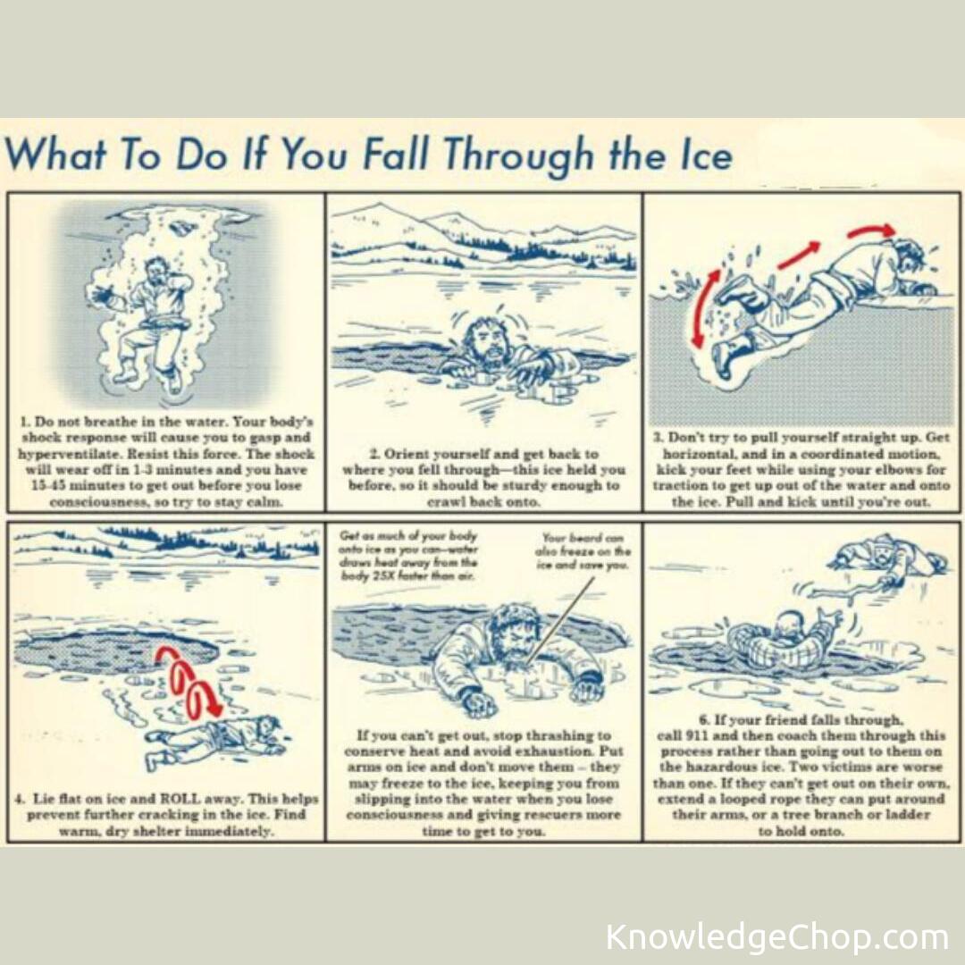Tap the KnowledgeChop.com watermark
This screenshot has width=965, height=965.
point(776,937)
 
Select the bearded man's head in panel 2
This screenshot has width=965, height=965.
point(485,341)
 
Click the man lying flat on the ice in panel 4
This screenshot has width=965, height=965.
point(214,741)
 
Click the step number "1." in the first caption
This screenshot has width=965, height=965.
point(25,422)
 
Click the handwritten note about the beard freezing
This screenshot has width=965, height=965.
point(583,551)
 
